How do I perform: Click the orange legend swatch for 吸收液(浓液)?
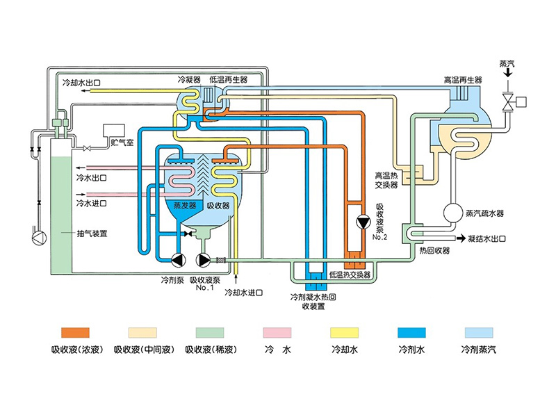point(75,333)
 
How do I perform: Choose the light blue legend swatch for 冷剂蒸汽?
point(478,333)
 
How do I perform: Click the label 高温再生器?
point(463,81)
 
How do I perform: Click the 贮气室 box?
point(112,131)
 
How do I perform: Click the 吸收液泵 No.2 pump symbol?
point(361,223)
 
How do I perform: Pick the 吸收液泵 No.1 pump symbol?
point(204,260)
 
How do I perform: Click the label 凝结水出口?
point(486,238)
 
